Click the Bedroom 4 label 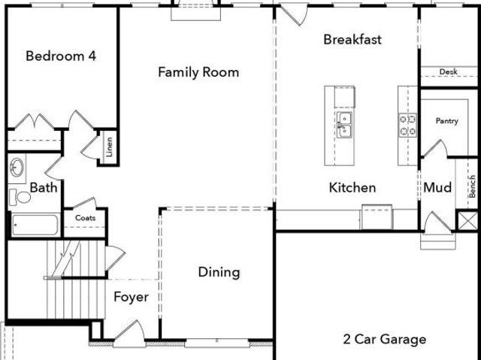(x=61, y=56)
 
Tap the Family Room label (x=198, y=72)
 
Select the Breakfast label (x=352, y=40)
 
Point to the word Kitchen (x=352, y=188)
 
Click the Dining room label (x=219, y=273)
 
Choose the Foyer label (x=131, y=297)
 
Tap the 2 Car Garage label (x=385, y=340)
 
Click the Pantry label (x=447, y=121)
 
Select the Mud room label (x=437, y=187)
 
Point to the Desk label (x=449, y=71)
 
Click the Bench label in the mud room (x=472, y=186)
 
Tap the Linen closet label (x=109, y=147)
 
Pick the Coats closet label (x=85, y=218)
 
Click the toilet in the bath (x=20, y=197)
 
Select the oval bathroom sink (x=17, y=167)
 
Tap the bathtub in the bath (x=35, y=225)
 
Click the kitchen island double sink (x=344, y=125)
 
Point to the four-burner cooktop (x=407, y=125)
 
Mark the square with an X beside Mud (x=467, y=220)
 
